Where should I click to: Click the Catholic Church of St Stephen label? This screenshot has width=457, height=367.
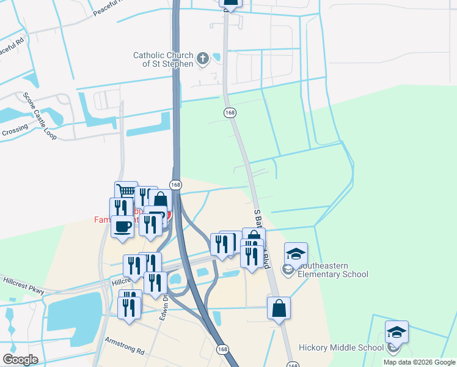[x=163, y=59]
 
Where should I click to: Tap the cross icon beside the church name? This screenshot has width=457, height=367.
[x=203, y=59]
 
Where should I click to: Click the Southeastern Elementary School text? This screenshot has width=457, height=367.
[x=332, y=270]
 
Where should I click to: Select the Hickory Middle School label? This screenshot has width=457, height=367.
[x=341, y=348]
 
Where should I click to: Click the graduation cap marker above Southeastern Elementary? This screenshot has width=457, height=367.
[x=296, y=254]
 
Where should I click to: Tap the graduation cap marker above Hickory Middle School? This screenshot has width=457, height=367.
[x=397, y=332]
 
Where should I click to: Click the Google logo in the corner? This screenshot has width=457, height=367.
[x=20, y=360]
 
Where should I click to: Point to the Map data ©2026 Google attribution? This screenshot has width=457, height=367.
[x=419, y=362]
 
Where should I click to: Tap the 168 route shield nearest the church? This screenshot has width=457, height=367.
[x=230, y=113]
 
